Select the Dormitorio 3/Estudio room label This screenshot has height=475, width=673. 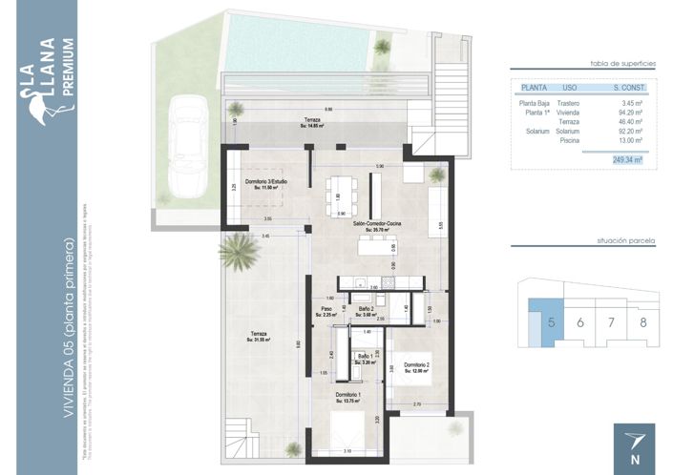pos(265,184)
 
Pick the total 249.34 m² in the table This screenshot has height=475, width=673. pos(626,161)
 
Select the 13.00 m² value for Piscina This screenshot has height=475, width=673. pos(628,140)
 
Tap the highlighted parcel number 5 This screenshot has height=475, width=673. pos(551,321)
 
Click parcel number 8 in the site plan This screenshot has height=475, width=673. pos(642,321)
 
